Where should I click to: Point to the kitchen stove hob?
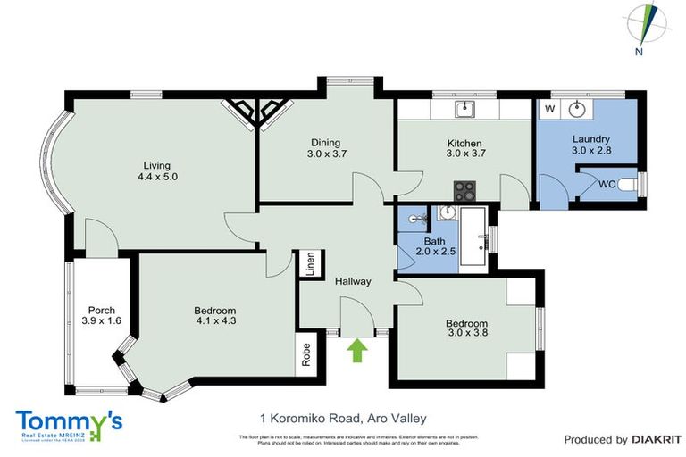tap(464, 189)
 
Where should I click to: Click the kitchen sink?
tap(464, 109)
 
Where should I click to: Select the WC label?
tap(607, 185)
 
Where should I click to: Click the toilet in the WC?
tap(633, 185)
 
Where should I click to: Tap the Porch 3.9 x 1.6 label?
tap(99, 316)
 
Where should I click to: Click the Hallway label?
tap(353, 281)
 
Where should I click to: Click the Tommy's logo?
tap(69, 424)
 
